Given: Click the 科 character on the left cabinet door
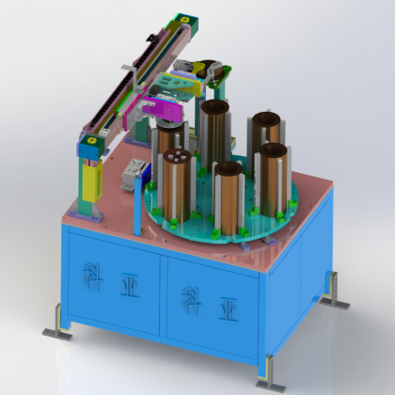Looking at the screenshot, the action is (x=92, y=277).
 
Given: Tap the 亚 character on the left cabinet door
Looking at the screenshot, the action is (x=130, y=286).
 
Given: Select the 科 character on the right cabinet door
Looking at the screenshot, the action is (x=192, y=301).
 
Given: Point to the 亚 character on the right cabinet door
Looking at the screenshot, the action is (x=229, y=309).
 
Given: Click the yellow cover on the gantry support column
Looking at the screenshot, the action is (x=92, y=181).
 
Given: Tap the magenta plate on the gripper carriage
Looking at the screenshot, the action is (x=163, y=110).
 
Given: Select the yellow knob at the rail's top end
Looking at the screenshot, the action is (x=185, y=20).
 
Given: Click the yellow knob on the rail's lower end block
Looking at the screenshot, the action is (x=92, y=140).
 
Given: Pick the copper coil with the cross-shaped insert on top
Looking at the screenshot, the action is (x=177, y=185).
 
